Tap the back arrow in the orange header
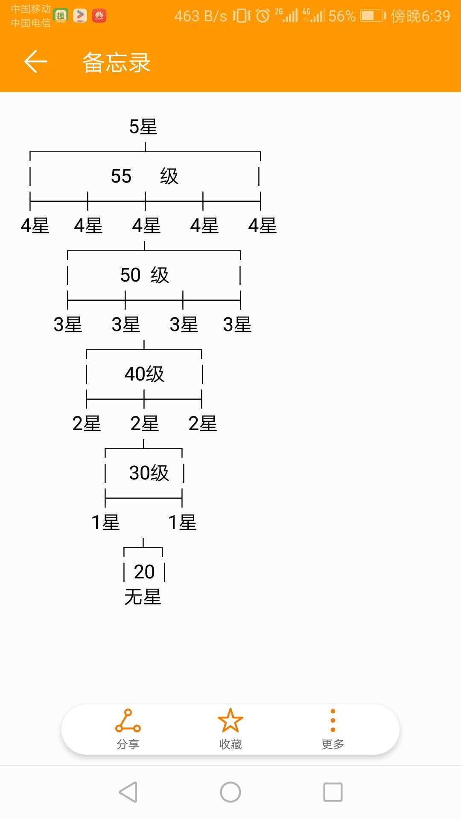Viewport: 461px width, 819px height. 35,61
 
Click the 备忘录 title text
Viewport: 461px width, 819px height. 116,62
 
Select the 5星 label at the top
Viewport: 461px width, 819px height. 143,127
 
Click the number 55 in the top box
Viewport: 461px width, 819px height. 121,176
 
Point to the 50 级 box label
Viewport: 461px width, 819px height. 145,275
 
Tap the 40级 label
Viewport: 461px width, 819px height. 144,374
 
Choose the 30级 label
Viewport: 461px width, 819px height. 149,473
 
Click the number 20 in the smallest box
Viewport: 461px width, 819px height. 144,572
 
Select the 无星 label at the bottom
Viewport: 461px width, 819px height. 143,597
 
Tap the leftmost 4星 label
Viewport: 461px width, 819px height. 35,226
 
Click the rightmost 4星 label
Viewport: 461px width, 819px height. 263,226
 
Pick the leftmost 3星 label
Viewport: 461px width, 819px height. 68,325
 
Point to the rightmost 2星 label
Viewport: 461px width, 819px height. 203,424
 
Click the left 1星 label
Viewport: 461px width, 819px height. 106,523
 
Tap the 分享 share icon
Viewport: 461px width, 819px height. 128,721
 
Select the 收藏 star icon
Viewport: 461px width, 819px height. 230,720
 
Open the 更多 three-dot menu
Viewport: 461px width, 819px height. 333,720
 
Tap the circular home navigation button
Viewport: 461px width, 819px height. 230,792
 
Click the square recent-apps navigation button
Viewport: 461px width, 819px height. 333,792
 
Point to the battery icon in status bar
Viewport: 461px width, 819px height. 373,16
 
